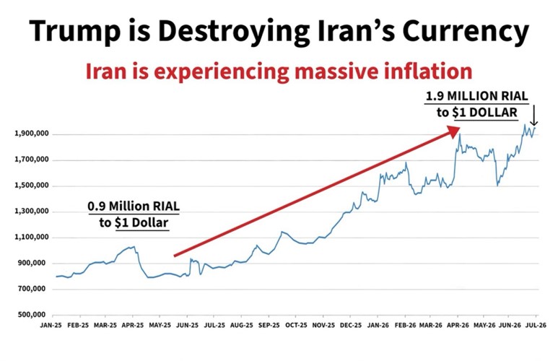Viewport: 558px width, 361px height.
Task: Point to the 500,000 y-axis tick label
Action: coord(32,315)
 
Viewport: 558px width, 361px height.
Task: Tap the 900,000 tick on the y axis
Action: coord(32,263)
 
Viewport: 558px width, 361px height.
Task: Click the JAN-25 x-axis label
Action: coord(51,326)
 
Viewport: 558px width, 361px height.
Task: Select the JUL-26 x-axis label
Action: coord(536,326)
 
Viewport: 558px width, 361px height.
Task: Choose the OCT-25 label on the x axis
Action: coord(296,326)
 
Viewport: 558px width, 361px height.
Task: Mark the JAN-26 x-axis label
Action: coord(378,326)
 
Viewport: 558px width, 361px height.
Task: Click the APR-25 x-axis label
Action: coord(133,326)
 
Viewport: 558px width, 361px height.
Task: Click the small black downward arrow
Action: coord(534,116)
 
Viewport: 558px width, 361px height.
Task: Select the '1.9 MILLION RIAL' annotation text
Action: coord(477,96)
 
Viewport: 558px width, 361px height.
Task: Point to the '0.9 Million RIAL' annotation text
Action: coord(134,206)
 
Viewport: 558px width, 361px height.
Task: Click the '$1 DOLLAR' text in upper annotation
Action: coord(484,113)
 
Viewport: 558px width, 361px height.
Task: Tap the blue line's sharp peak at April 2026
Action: coord(460,134)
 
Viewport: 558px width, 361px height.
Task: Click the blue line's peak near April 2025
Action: coord(134,246)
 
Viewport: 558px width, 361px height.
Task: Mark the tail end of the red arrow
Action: coord(174,256)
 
